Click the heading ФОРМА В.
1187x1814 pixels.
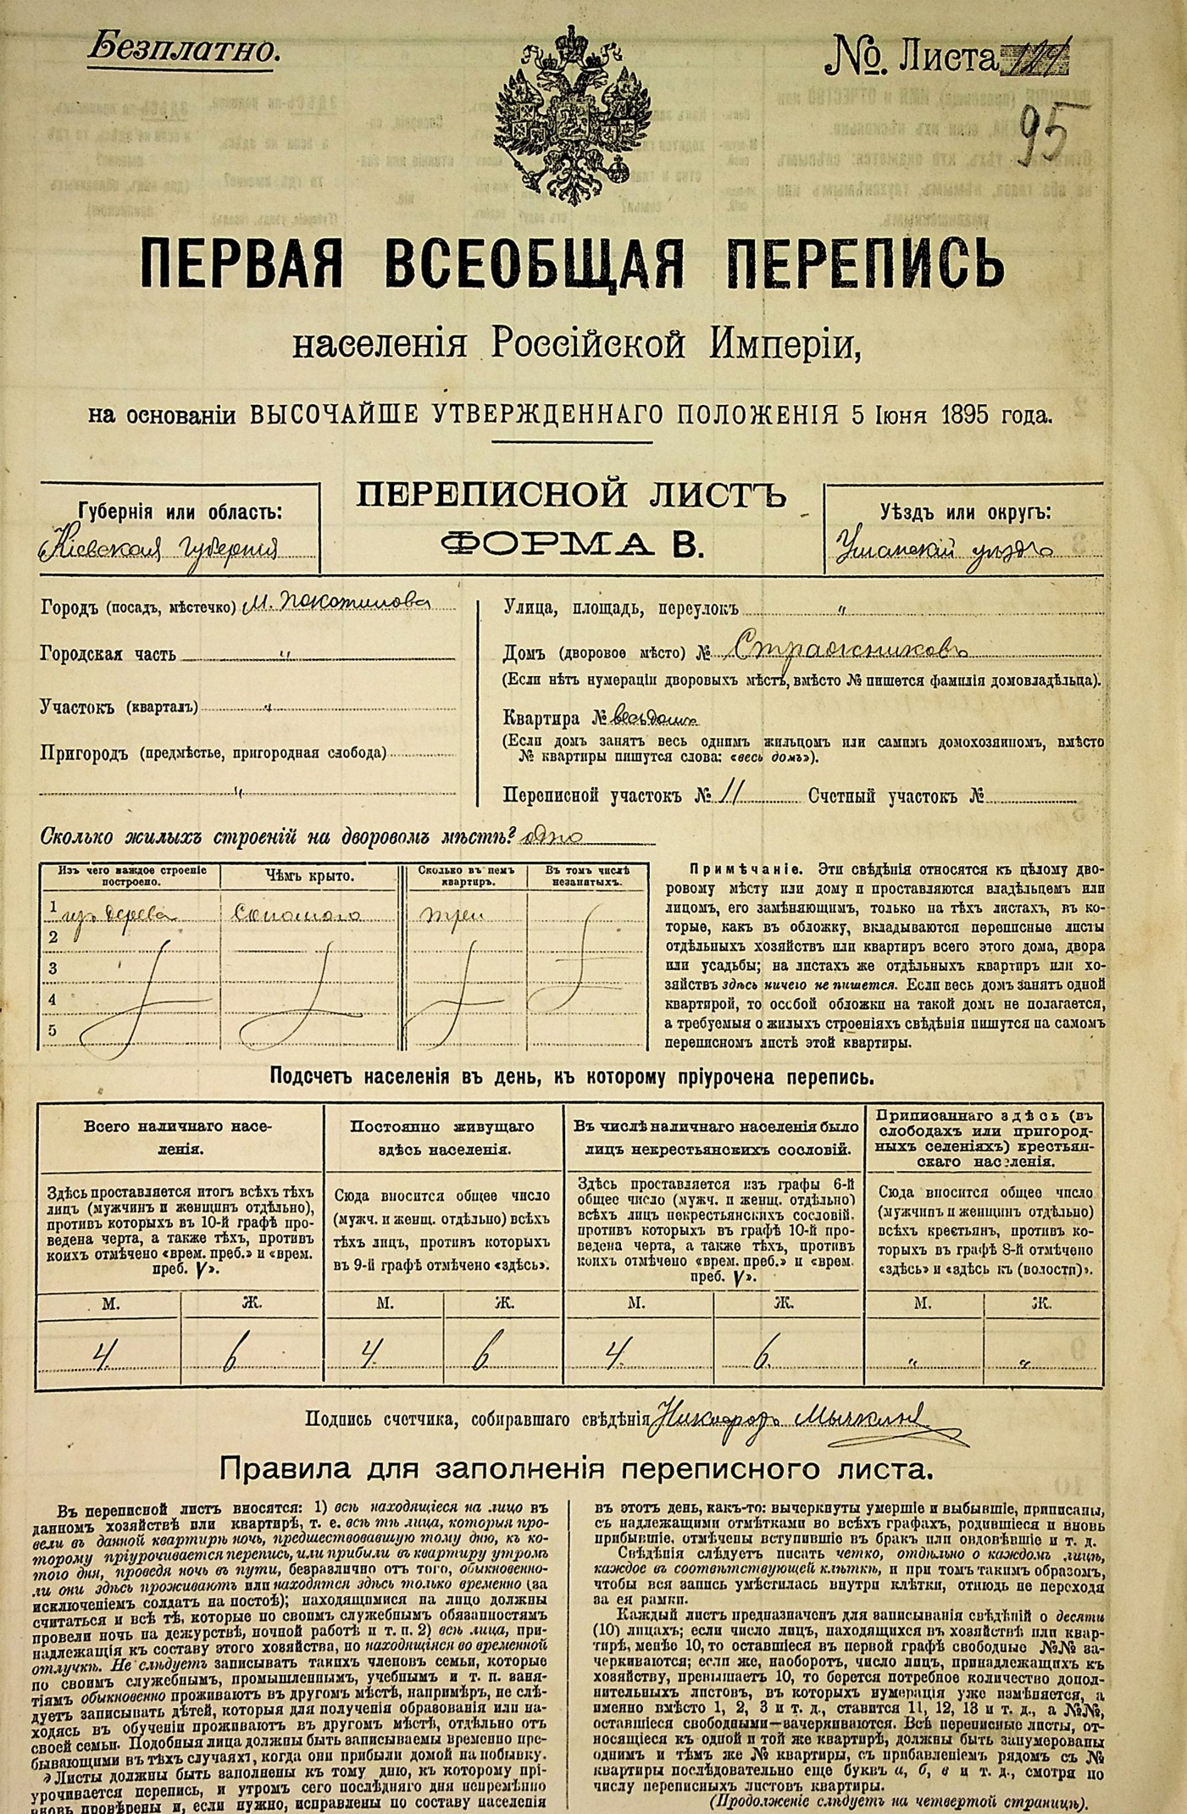(x=573, y=543)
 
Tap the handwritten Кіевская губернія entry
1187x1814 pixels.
(x=161, y=549)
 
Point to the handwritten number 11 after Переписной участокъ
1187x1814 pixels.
(x=731, y=794)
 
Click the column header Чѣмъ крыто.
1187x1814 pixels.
(x=309, y=876)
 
